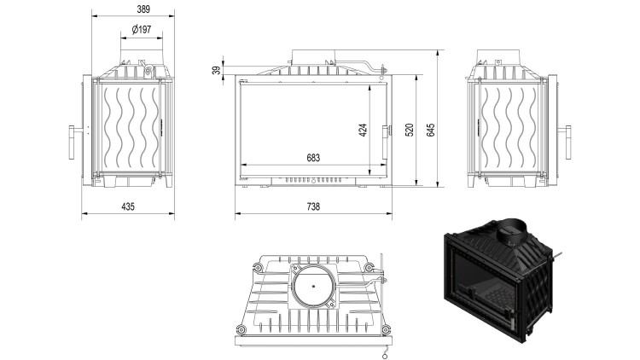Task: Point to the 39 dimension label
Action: click(x=214, y=70)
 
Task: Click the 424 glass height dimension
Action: click(x=363, y=131)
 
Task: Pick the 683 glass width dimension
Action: click(x=312, y=158)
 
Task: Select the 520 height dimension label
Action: click(x=410, y=131)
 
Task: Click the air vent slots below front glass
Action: click(x=312, y=181)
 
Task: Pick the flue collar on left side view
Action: click(x=137, y=60)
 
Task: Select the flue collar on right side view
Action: click(x=509, y=60)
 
